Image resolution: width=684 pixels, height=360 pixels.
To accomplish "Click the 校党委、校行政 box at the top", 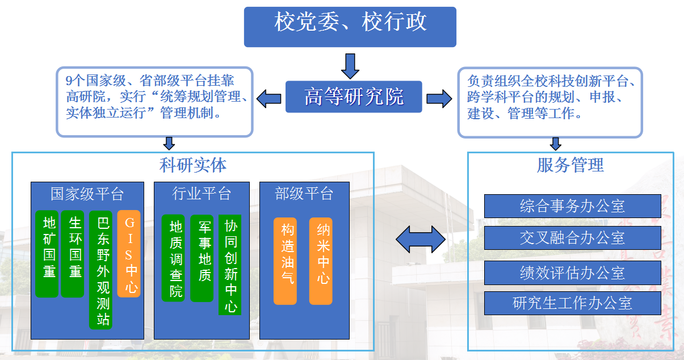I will (x=350, y=26).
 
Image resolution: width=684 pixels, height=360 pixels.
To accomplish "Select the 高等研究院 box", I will (x=354, y=97).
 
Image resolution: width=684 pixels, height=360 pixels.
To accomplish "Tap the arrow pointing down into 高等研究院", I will (x=350, y=65).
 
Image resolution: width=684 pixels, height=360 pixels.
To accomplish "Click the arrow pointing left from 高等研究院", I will (x=269, y=98).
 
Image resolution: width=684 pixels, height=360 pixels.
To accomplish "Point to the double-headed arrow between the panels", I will (x=421, y=239).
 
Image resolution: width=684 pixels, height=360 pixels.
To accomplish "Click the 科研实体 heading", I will (x=193, y=165).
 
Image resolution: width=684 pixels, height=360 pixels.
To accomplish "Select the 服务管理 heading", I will (x=570, y=165).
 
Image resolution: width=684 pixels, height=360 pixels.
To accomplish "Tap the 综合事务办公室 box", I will (x=572, y=206).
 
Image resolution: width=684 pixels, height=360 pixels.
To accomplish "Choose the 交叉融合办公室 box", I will (x=572, y=237).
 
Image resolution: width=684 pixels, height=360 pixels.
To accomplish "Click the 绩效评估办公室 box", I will (x=572, y=273).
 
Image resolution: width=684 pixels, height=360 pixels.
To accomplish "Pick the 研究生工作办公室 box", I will (x=572, y=303).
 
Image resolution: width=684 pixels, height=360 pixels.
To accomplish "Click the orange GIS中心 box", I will (x=129, y=253).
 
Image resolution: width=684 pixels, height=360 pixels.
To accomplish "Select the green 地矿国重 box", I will (x=47, y=253).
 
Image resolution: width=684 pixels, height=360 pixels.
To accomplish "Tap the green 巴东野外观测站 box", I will (x=100, y=270).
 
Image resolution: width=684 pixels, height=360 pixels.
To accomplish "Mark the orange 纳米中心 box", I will (x=321, y=261).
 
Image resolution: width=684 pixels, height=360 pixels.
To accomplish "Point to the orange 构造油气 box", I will (x=285, y=261).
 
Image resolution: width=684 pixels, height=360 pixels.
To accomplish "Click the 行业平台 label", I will (x=202, y=194).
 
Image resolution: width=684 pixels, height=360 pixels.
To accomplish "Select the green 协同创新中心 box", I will (x=230, y=265).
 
